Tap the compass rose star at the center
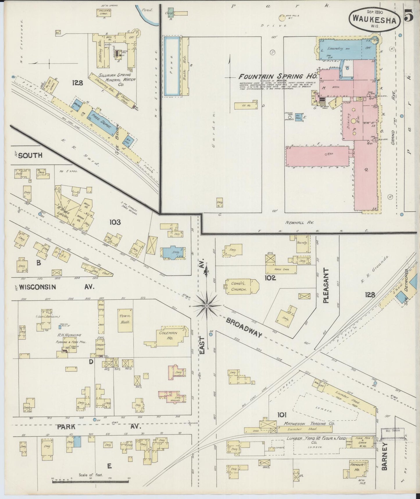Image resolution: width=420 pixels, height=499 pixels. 206,306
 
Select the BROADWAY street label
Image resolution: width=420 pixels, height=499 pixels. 244,328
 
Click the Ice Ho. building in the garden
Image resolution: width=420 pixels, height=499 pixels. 246,105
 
